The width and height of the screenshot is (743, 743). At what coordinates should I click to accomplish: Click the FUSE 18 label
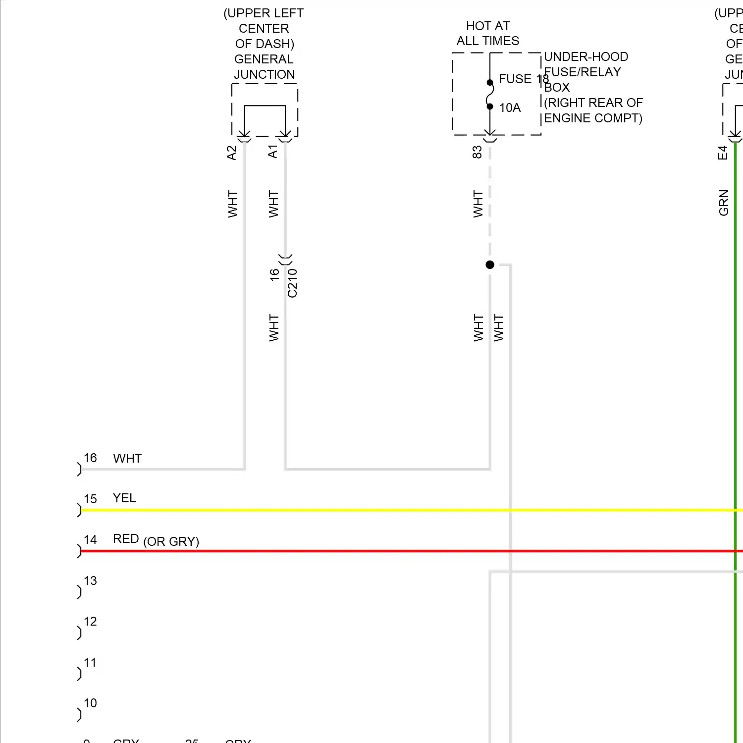point(523,79)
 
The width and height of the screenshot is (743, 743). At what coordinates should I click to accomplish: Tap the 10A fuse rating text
point(510,107)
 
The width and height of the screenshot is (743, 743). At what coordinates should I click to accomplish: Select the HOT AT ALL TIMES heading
point(488,33)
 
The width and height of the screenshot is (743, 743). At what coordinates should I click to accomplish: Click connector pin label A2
point(231,153)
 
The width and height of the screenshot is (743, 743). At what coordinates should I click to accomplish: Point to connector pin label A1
point(272,152)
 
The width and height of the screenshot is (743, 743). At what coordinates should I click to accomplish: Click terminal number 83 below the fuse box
point(477,152)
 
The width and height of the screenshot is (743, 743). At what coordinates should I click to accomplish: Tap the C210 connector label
point(292,283)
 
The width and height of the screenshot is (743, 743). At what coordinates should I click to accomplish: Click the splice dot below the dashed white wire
point(490,265)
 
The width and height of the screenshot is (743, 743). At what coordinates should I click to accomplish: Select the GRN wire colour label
point(724,203)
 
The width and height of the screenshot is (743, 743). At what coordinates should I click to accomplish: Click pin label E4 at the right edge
point(723,153)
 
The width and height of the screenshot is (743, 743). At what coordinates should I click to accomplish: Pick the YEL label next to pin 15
point(124,498)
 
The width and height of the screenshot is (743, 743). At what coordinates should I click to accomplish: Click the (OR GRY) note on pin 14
point(171,541)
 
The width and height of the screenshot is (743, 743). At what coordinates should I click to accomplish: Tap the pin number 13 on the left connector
point(90,581)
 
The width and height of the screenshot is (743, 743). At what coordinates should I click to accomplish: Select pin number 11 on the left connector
point(90,662)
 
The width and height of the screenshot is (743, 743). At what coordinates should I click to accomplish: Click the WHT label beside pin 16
point(127,458)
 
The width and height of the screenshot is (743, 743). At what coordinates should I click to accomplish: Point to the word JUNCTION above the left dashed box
point(265,74)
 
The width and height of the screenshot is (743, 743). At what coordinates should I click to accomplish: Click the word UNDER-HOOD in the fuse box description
point(586,56)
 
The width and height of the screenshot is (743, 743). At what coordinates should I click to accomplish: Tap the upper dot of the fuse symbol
point(490,83)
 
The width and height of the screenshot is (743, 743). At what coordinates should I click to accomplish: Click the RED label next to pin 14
point(126,538)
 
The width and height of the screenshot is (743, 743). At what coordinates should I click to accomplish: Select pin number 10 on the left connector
point(90,703)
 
